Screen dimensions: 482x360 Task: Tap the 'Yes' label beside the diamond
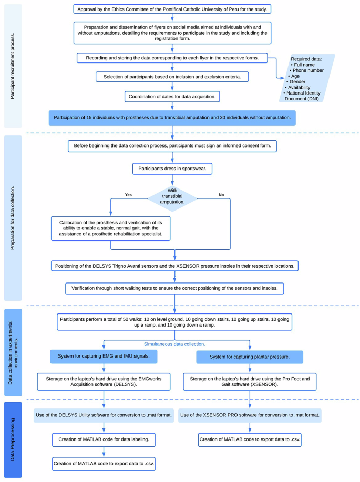pyautogui.click(x=128, y=195)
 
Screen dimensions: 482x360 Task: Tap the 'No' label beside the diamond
pyautogui.click(x=221, y=195)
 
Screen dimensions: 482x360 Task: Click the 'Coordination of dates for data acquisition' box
pyautogui.click(x=172, y=97)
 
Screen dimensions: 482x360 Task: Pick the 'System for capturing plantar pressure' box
pyautogui.click(x=250, y=358)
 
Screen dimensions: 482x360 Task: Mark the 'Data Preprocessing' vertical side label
pyautogui.click(x=13, y=439)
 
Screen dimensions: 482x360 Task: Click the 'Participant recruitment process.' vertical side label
pyautogui.click(x=13, y=66)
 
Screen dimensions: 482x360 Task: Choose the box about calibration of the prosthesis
pyautogui.click(x=110, y=228)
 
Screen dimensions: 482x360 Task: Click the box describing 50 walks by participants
pyautogui.click(x=174, y=322)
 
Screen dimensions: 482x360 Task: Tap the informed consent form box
pyautogui.click(x=172, y=146)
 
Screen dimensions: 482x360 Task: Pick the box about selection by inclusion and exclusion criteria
pyautogui.click(x=172, y=77)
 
